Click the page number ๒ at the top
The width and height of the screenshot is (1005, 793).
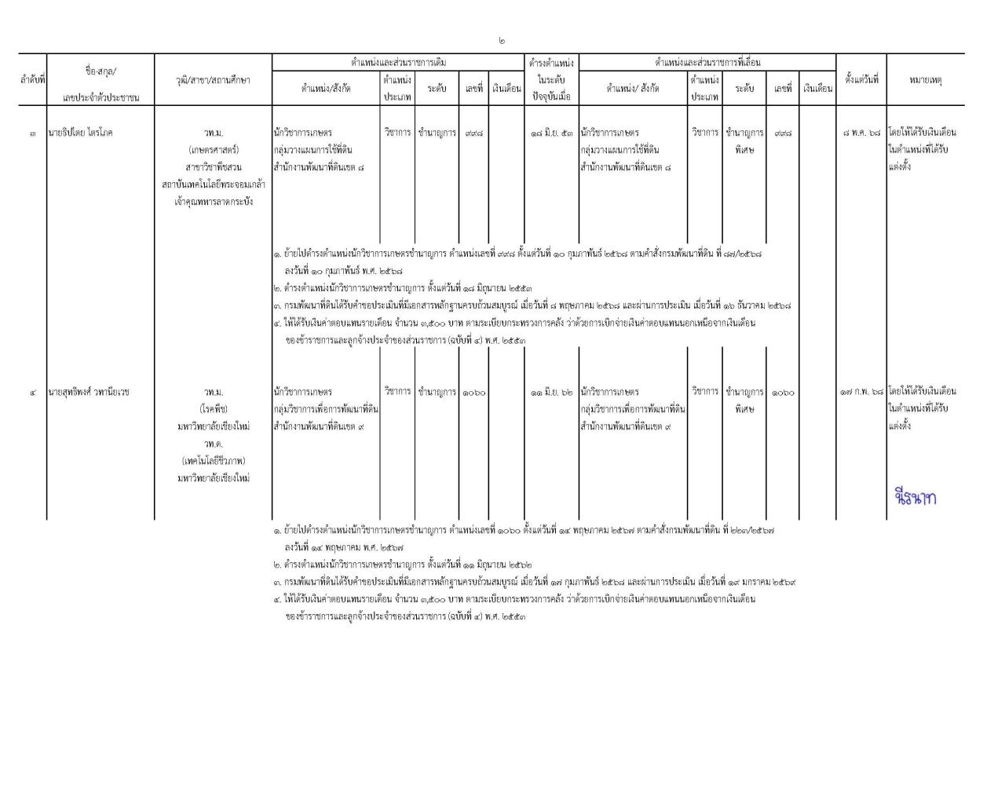pyautogui.click(x=502, y=40)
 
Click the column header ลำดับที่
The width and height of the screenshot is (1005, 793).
pyautogui.click(x=32, y=80)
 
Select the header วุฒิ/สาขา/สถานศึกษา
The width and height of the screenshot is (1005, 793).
pyautogui.click(x=214, y=80)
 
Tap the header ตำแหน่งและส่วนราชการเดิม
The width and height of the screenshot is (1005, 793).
pyautogui.click(x=398, y=62)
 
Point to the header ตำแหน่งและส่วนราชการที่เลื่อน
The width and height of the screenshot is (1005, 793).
pyautogui.click(x=707, y=62)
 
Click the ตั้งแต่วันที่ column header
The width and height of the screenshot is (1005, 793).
pyautogui.click(x=861, y=80)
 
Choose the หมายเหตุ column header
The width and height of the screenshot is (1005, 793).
pyautogui.click(x=926, y=80)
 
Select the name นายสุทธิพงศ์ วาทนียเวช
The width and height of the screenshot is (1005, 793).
pyautogui.click(x=90, y=392)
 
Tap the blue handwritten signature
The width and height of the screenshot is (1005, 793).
pyautogui.click(x=915, y=497)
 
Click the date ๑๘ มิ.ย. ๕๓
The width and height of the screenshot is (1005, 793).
pyautogui.click(x=552, y=133)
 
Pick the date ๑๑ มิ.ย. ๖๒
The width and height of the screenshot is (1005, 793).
pyautogui.click(x=552, y=392)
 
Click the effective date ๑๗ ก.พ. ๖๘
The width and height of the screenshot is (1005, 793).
pyautogui.click(x=861, y=392)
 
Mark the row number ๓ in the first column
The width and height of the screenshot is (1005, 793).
pyautogui.click(x=32, y=133)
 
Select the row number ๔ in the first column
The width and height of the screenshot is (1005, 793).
pyautogui.click(x=32, y=392)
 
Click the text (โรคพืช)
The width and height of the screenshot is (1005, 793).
pyautogui.click(x=214, y=409)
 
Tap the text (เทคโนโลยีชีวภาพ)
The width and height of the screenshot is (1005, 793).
pyautogui.click(x=214, y=461)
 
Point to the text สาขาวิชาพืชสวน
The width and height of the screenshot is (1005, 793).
pyautogui.click(x=214, y=167)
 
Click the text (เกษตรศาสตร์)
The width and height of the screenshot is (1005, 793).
pyautogui.click(x=214, y=150)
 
